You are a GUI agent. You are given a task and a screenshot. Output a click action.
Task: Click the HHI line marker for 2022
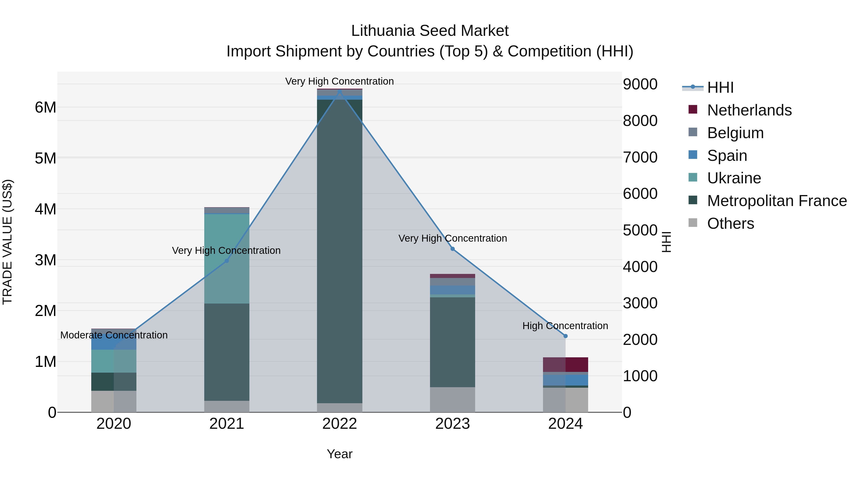click(x=339, y=92)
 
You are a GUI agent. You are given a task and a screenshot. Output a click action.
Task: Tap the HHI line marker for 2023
click(x=452, y=249)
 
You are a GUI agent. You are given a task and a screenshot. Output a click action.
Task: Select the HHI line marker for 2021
click(x=227, y=261)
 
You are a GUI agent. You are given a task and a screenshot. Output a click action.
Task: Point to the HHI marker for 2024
click(x=565, y=336)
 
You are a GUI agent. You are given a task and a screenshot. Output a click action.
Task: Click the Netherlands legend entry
click(x=749, y=110)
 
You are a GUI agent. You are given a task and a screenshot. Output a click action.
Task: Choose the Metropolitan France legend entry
click(x=777, y=201)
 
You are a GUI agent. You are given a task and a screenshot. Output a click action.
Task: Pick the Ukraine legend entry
click(x=734, y=178)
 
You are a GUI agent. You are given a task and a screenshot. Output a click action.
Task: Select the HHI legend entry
click(x=720, y=87)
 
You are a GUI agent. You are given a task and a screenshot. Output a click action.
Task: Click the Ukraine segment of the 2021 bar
click(x=227, y=259)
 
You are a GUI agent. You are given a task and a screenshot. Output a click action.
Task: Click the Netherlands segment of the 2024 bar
click(x=565, y=364)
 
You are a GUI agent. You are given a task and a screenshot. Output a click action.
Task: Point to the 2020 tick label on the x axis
click(x=114, y=424)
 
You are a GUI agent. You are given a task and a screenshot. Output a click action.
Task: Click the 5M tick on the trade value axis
click(x=45, y=158)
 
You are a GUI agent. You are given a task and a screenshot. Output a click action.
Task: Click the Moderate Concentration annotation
click(x=114, y=335)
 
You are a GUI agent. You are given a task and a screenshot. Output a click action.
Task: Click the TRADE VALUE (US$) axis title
click(x=7, y=242)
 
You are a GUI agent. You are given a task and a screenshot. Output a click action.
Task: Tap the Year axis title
click(x=339, y=454)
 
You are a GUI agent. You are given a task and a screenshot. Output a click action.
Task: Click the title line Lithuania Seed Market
click(x=430, y=31)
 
